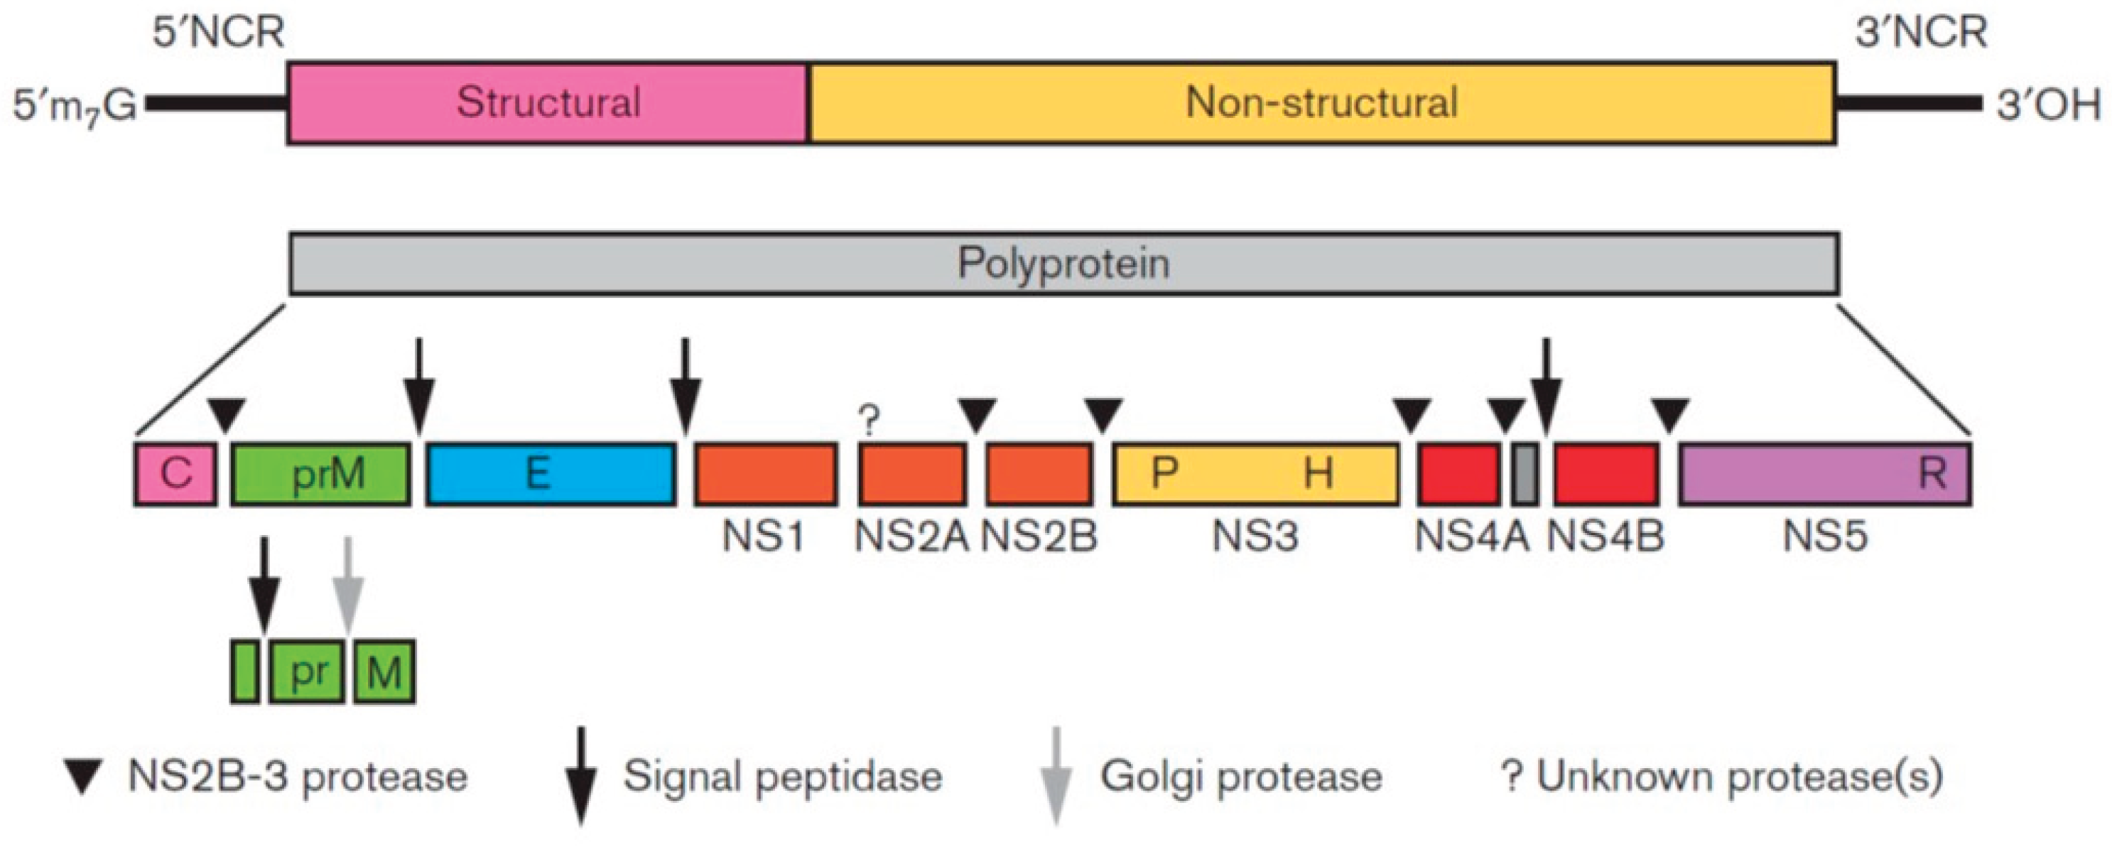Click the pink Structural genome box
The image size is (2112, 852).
pos(547,102)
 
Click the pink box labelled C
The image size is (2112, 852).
pos(175,474)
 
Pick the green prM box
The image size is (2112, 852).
pos(321,474)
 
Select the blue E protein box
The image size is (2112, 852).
pos(550,474)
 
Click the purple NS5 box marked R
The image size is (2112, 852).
pos(1824,474)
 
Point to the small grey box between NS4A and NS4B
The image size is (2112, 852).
pos(1524,474)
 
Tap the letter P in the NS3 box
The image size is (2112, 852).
pos(1164,473)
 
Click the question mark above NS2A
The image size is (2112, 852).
pos(869,421)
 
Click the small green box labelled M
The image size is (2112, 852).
pos(384,672)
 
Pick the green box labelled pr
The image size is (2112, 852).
pos(307,672)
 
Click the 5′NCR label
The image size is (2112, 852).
pos(218,33)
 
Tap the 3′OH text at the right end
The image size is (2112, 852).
pos(2047,105)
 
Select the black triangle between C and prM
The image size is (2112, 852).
pos(227,412)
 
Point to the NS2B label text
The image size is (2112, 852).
pos(1039,537)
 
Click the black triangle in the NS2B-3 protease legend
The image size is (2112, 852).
pos(83,777)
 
